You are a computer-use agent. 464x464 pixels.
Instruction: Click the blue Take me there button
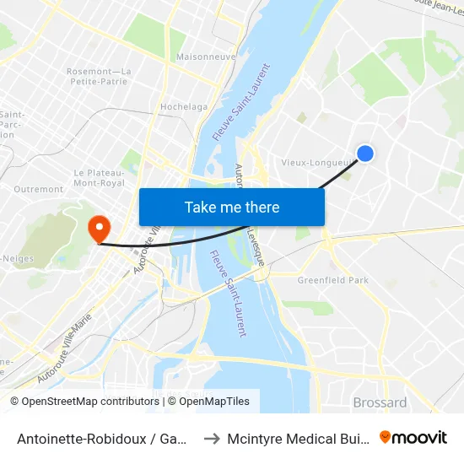point(232,207)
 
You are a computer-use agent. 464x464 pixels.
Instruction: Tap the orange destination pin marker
point(99,228)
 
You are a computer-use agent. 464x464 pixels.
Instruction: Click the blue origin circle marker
point(365,153)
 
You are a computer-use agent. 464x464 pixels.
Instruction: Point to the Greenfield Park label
point(333,280)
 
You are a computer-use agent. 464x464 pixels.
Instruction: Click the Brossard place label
point(380,402)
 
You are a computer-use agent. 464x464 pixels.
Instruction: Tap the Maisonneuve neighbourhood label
point(205,57)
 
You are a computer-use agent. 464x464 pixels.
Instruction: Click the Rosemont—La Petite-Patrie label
point(99,77)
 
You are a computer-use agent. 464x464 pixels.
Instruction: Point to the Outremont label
point(39,189)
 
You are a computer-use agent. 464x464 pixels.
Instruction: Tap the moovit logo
point(413,437)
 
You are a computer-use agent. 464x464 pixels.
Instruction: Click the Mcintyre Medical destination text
point(299,438)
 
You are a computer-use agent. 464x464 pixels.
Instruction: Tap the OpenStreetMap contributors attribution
point(84,402)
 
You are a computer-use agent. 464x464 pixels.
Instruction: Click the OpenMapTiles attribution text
point(208,402)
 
